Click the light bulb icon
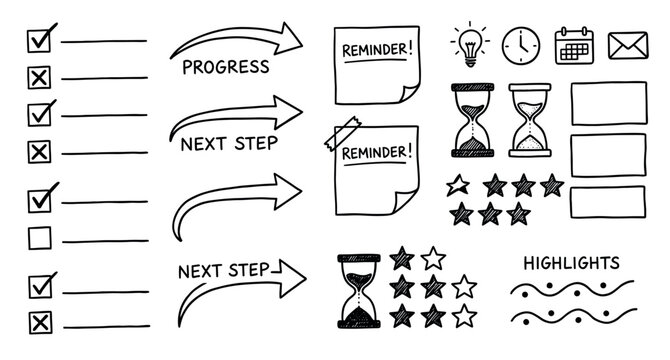pyautogui.click(x=468, y=42)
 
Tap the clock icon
pyautogui.click(x=521, y=44)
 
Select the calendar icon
pyautogui.click(x=573, y=44)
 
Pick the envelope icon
pyautogui.click(x=626, y=43)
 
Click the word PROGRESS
pyautogui.click(x=226, y=68)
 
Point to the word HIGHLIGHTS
pyautogui.click(x=572, y=263)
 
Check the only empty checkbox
pyautogui.click(x=40, y=237)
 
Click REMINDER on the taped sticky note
pyautogui.click(x=376, y=153)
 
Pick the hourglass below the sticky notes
pyautogui.click(x=357, y=291)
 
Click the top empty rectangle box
pyautogui.click(x=605, y=103)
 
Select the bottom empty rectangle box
pyautogui.click(x=605, y=201)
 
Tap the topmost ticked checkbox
pyautogui.click(x=40, y=40)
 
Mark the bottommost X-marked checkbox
pyautogui.click(x=40, y=322)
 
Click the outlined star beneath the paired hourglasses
pyautogui.click(x=458, y=184)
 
